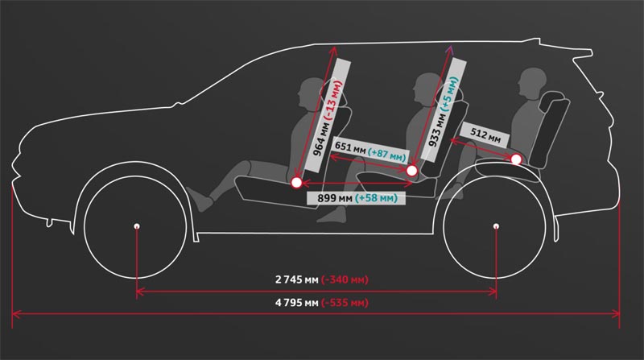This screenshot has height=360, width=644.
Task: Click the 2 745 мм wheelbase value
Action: coord(295,280)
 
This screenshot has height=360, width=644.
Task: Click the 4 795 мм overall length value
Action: coord(295,303)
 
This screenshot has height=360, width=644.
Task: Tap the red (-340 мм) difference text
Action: coord(345,280)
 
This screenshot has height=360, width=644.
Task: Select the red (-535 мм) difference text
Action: coord(345,303)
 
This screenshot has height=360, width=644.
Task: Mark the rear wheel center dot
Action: coord(495,226)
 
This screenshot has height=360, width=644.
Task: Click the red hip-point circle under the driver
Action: coord(296,184)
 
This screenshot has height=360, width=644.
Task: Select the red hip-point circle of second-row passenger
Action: coord(413,171)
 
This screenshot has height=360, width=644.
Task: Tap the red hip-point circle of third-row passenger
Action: coord(516,160)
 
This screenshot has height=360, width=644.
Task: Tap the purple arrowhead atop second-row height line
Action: coord(451,50)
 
